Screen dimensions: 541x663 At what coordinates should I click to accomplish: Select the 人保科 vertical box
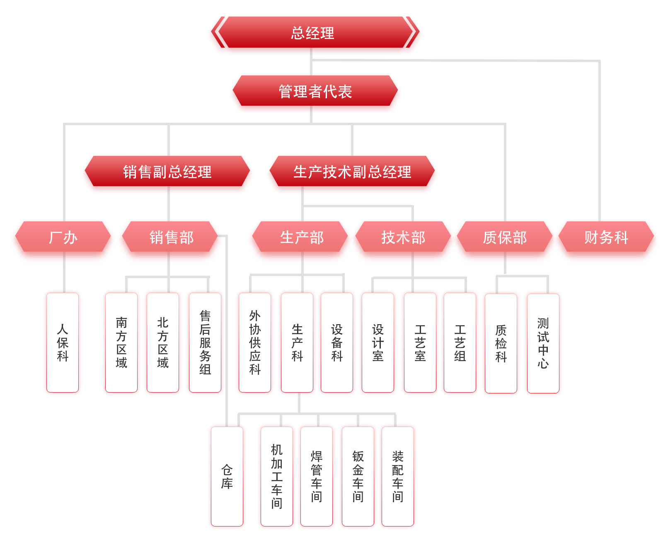(63, 342)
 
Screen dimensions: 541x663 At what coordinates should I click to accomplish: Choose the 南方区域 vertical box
(121, 342)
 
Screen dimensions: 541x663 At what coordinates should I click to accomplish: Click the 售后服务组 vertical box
(205, 342)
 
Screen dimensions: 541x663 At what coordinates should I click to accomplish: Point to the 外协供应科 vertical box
(255, 342)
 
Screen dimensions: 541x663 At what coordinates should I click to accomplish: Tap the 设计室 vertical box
(378, 342)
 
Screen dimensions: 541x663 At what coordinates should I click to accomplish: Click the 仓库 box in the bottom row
(227, 476)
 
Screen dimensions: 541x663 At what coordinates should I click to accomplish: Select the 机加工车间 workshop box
(277, 476)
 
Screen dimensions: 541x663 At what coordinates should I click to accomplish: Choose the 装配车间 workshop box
(398, 476)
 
